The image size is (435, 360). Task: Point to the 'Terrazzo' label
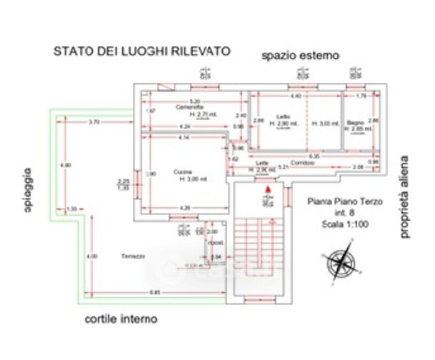tap(133, 256)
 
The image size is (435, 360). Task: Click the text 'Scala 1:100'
tap(345, 225)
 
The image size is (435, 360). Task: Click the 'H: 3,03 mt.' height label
tap(325, 124)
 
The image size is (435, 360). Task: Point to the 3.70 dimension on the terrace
tap(94, 122)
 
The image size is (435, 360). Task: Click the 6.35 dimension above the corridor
tap(313, 155)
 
